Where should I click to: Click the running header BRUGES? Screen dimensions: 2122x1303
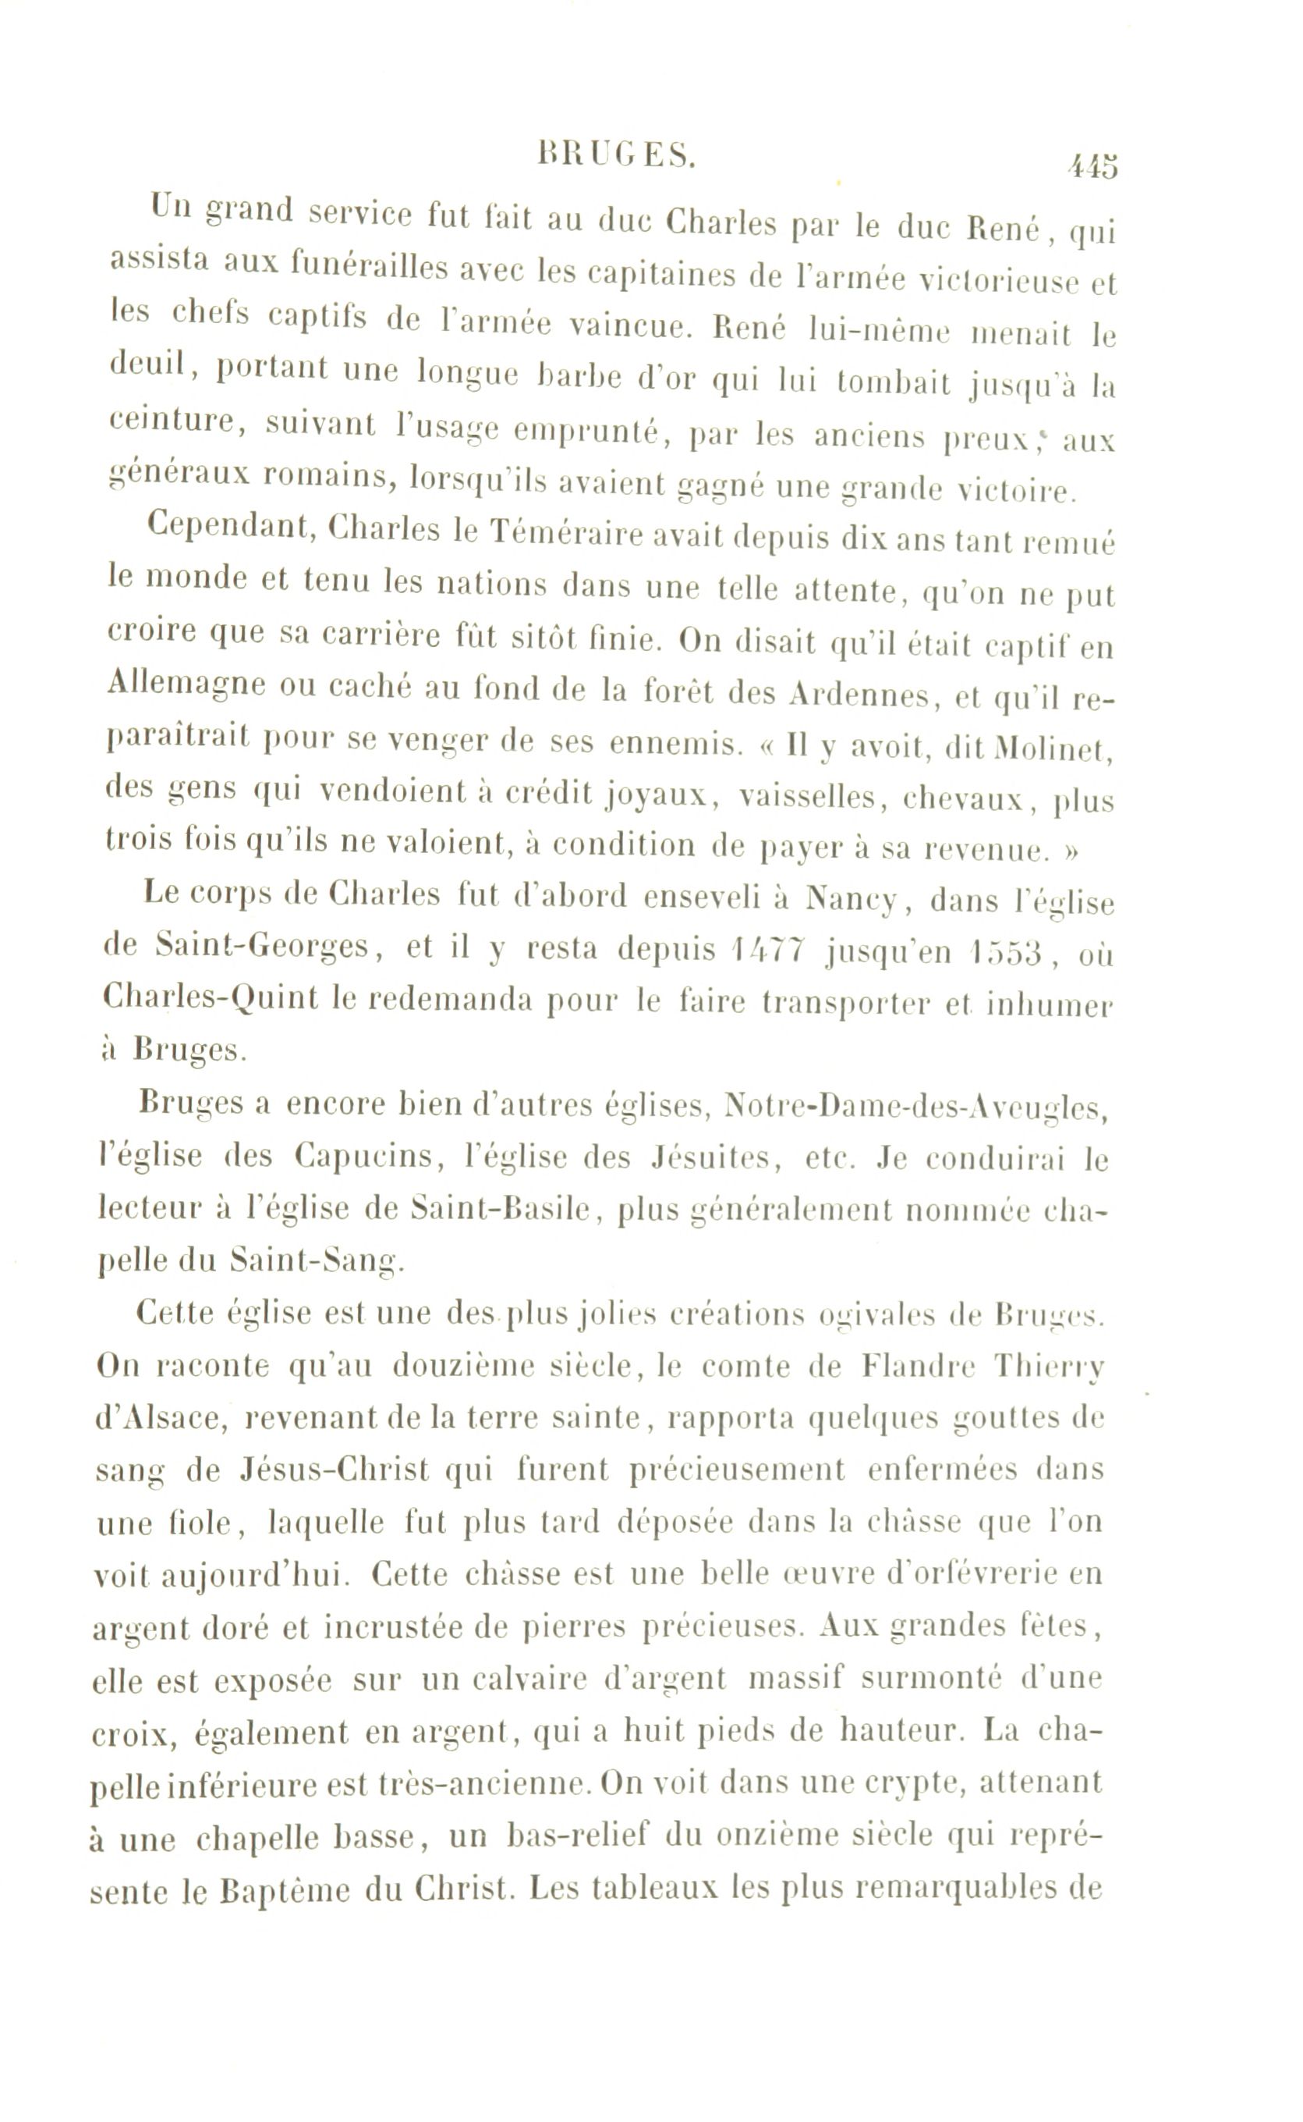click(x=615, y=155)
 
